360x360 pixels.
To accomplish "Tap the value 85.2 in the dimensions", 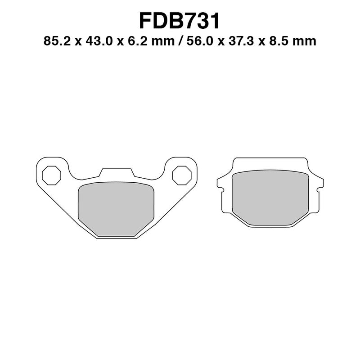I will pos(55,41).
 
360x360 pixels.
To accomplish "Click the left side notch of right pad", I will pos(220,184).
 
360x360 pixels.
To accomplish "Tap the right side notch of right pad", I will pos(320,184).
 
